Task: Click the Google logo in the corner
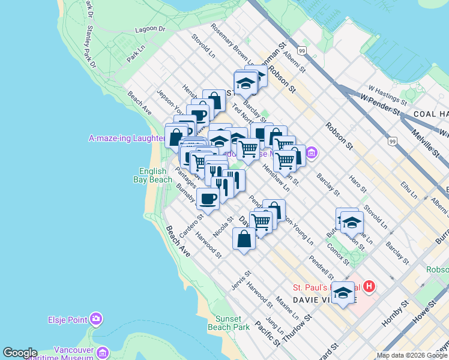[20, 353]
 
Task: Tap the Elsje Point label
[69, 319]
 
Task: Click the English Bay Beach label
[155, 175]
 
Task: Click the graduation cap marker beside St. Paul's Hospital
[343, 293]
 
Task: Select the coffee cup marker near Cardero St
[208, 199]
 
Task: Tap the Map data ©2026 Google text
[412, 355]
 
